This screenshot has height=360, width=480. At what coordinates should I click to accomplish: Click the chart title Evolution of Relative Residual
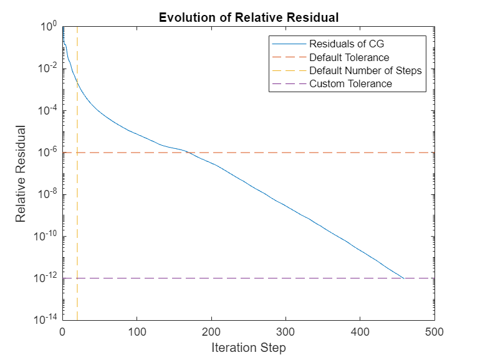point(248,17)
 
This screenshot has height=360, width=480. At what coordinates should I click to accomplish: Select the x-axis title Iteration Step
point(248,348)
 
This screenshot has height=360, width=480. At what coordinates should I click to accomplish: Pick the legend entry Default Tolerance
point(349,57)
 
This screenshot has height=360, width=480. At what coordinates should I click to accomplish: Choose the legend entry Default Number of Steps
point(365,70)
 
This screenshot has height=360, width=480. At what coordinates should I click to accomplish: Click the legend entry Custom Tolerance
point(350,83)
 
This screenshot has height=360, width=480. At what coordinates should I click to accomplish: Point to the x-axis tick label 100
point(137,332)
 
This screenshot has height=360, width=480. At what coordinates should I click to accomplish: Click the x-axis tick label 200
point(211,332)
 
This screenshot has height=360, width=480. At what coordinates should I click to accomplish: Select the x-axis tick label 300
point(286,332)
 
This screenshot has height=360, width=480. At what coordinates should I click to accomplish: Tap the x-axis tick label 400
point(360,332)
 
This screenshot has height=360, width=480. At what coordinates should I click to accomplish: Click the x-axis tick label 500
point(434,332)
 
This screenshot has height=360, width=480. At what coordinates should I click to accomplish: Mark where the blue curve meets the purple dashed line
point(404,278)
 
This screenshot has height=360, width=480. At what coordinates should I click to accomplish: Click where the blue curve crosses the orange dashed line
point(187,153)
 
